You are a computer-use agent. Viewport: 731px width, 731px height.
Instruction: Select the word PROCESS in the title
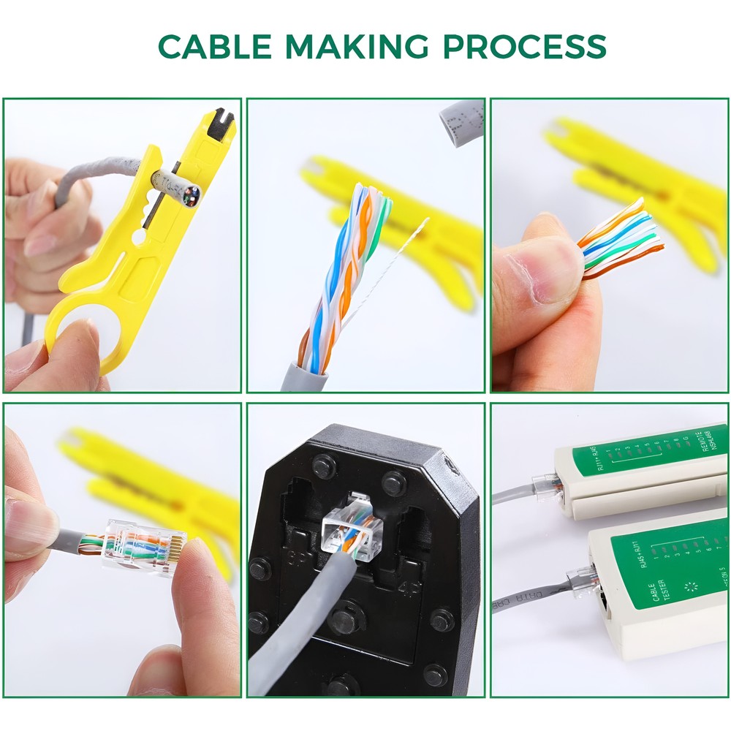click(525, 47)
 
